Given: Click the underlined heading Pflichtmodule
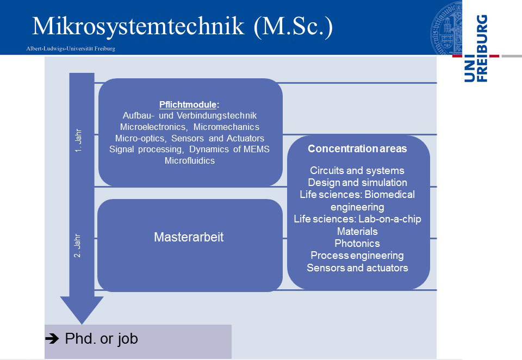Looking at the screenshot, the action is click(x=188, y=104).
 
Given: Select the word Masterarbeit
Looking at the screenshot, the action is click(x=189, y=237).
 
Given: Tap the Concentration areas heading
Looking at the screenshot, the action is click(x=357, y=148).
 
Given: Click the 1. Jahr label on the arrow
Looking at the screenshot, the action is click(x=78, y=140).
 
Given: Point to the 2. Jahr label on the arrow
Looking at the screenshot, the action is click(x=77, y=245).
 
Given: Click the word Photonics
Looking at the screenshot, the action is click(x=357, y=244).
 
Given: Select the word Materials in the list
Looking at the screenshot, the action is click(x=357, y=231).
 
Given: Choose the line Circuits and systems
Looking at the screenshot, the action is click(x=357, y=171).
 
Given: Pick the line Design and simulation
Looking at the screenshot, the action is click(x=357, y=183).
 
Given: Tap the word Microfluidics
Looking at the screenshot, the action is click(x=190, y=160).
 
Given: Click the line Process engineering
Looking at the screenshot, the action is click(x=357, y=256).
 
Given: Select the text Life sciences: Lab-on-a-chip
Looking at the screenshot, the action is click(x=357, y=219).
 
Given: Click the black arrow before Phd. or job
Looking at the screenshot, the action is click(x=52, y=339).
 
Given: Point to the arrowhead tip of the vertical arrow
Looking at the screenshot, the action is click(x=82, y=324).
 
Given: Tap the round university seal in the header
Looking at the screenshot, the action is click(x=446, y=28).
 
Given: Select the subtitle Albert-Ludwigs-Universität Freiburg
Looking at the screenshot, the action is click(x=71, y=48).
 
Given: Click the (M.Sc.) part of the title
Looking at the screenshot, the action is click(x=293, y=26).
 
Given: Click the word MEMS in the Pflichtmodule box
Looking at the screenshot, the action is click(x=256, y=149).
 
